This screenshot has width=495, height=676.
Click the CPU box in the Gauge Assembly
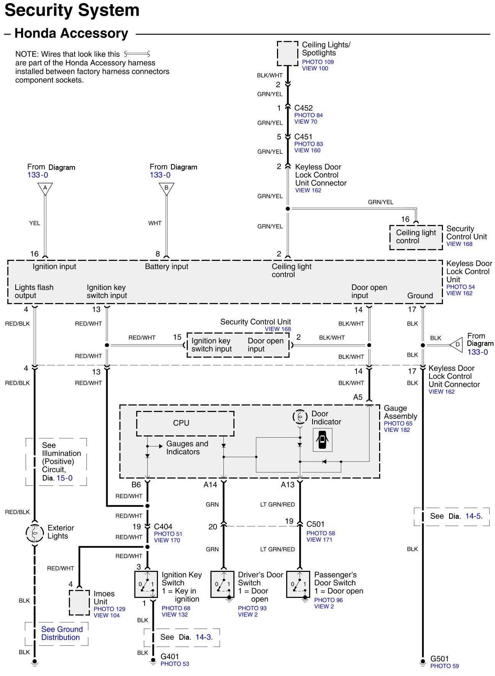[x=185, y=424]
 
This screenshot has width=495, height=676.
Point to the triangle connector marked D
[x=456, y=345]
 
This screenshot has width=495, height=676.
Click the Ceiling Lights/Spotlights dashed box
[x=287, y=54]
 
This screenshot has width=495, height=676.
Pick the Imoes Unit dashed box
[x=79, y=603]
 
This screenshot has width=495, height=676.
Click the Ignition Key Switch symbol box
[x=146, y=584]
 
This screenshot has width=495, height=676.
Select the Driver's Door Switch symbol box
[x=222, y=584]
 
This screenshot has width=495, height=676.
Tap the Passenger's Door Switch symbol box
[x=298, y=584]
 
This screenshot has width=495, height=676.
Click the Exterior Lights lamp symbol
[x=34, y=532]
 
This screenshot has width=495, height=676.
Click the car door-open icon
[x=322, y=440]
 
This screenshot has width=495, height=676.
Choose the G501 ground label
[x=439, y=659]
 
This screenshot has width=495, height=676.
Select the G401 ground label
[x=169, y=656]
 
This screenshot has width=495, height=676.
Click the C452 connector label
[x=303, y=108]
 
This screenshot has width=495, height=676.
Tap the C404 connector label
[x=163, y=526]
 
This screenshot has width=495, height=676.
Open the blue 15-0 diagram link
[x=65, y=478]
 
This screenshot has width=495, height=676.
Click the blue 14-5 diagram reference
[x=473, y=516]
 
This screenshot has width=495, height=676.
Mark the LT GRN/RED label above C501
[x=277, y=505]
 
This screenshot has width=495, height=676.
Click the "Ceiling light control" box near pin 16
[x=416, y=237]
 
